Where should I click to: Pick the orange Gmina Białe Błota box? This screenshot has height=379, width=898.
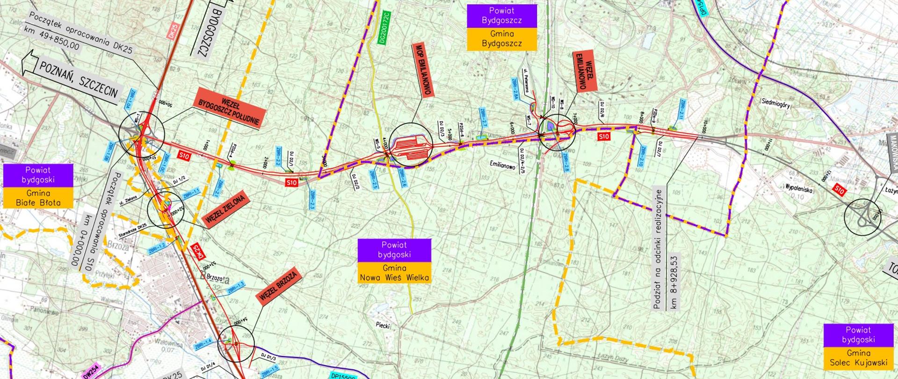pos(38,198)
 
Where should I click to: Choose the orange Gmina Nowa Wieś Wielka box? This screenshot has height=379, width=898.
pos(394,273)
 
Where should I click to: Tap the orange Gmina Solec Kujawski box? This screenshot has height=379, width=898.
pos(858,358)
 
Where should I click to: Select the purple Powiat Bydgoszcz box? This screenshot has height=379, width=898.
pos(501,15)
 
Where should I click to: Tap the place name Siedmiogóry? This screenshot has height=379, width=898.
pos(775,105)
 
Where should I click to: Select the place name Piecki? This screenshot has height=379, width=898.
pos(382,325)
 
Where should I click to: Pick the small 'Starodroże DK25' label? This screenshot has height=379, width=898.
pos(132,229)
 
